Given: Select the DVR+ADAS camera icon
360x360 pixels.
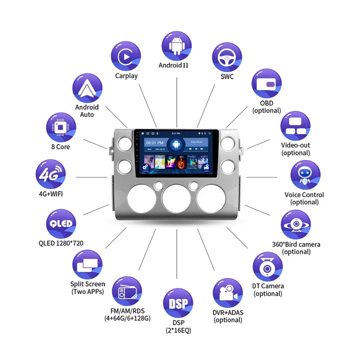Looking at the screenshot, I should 228,293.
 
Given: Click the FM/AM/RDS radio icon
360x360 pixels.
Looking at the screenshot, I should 126,292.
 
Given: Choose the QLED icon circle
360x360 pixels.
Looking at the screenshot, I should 61,224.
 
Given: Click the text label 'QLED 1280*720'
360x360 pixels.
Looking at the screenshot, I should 61,243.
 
